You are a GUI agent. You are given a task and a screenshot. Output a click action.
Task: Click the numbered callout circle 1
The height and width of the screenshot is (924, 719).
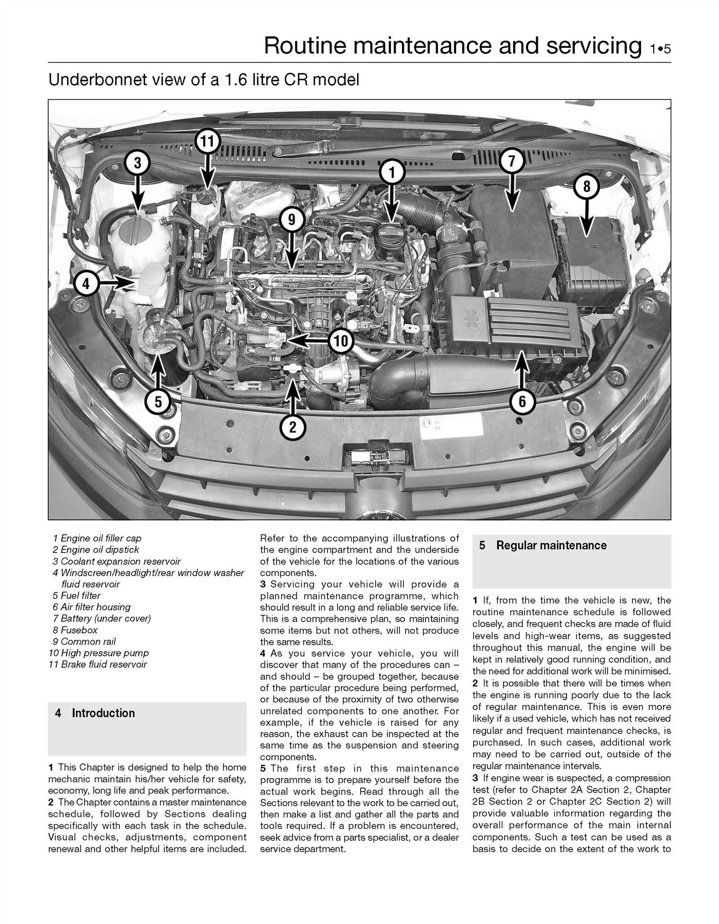tap(392, 173)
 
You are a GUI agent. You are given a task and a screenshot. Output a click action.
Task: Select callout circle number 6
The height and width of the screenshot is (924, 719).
tap(522, 401)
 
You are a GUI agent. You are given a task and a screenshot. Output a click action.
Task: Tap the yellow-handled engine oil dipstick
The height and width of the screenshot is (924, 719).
tap(293, 370)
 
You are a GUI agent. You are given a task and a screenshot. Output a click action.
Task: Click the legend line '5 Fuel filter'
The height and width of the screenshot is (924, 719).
tap(76, 595)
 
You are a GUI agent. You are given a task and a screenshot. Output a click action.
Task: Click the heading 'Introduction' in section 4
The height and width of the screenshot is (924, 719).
tap(103, 713)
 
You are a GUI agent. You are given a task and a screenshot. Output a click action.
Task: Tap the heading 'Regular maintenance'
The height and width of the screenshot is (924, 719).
tap(551, 545)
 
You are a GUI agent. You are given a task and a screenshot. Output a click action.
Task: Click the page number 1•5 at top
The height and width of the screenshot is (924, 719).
tap(659, 50)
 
